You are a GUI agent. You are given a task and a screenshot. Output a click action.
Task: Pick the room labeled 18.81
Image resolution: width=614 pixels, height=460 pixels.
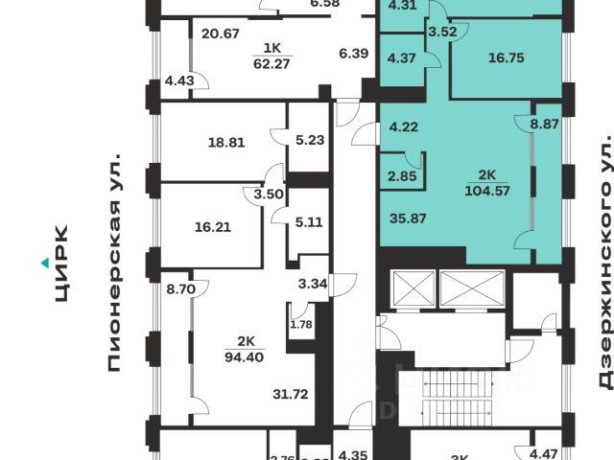click(x=226, y=143)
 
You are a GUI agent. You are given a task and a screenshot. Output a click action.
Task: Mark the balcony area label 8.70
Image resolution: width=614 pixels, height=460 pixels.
click(x=180, y=287)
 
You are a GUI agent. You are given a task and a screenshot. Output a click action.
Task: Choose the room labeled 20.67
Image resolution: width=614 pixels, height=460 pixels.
click(x=221, y=34)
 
